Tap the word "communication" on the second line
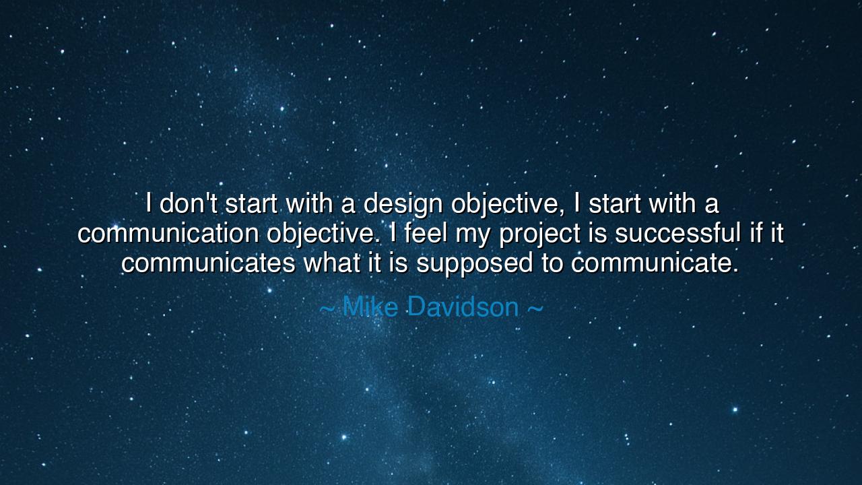168,233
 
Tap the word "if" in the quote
755,233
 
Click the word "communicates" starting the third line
207,263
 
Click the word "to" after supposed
553,263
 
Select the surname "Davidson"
463,307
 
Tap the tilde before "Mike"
327,308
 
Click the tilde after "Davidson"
535,308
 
